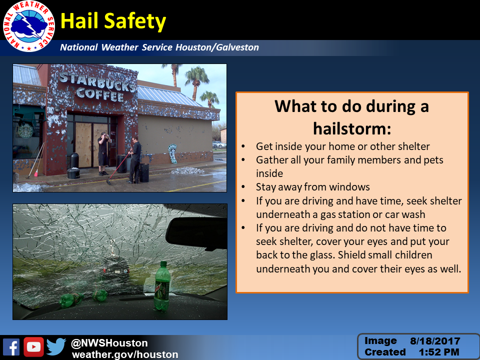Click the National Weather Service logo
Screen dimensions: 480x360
(x=28, y=26)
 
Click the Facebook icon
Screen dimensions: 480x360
(x=11, y=347)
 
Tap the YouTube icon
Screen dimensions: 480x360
(x=33, y=347)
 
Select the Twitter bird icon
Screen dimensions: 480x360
(x=56, y=346)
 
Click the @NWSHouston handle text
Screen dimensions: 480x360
(x=109, y=343)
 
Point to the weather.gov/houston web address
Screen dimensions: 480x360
(x=125, y=354)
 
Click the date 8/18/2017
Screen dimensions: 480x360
(x=435, y=341)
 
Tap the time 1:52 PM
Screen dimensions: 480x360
(x=439, y=352)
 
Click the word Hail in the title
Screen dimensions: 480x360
(x=79, y=21)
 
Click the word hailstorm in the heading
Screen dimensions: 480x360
(x=352, y=128)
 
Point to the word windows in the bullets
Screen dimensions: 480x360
(x=352, y=186)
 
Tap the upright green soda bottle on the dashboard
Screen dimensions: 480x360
(x=162, y=286)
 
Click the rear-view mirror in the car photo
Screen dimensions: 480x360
(x=196, y=234)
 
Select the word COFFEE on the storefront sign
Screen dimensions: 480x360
(x=100, y=93)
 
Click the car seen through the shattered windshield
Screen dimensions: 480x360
(x=115, y=269)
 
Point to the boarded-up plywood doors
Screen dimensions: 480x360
(x=91, y=144)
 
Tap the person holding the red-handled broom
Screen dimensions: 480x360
(x=134, y=160)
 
